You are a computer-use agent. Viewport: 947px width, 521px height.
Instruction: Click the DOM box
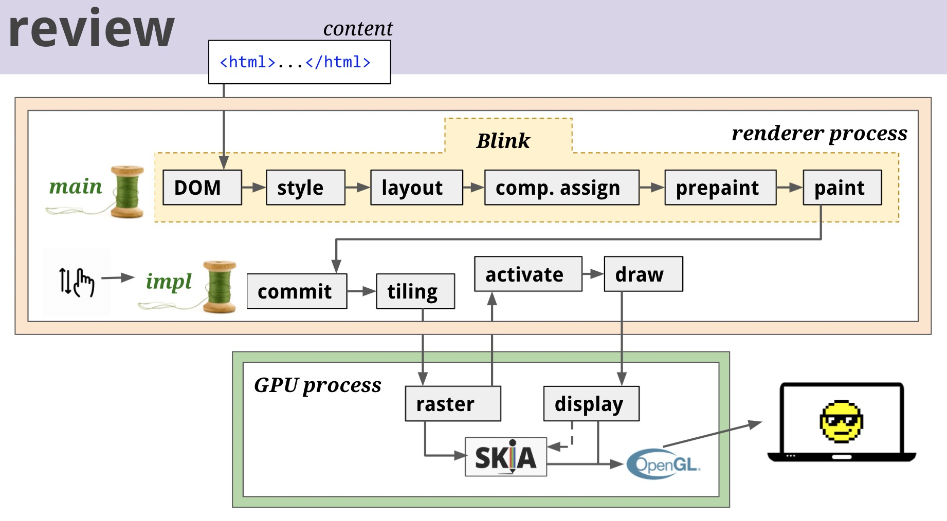tap(202, 188)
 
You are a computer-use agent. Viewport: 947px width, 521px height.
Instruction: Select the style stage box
tap(305, 188)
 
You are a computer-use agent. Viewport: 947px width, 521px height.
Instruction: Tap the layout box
tap(416, 188)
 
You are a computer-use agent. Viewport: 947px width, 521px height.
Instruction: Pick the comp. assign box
tap(561, 188)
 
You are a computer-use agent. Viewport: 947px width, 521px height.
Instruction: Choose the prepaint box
tap(720, 188)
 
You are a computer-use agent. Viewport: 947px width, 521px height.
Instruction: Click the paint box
tap(842, 188)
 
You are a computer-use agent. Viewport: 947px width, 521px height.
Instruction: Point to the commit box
tap(297, 291)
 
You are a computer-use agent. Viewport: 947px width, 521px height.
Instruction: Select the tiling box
tap(415, 291)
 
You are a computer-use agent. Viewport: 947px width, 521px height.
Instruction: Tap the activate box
tap(528, 274)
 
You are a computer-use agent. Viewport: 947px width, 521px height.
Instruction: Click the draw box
tap(643, 274)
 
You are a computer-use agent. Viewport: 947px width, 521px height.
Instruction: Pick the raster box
tap(452, 404)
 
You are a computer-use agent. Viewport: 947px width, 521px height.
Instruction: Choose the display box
tap(591, 404)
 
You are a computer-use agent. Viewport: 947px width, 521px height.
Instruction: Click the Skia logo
tap(505, 457)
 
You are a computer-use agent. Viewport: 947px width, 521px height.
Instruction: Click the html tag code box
tap(299, 62)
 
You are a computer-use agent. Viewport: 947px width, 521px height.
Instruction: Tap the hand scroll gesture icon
tap(77, 282)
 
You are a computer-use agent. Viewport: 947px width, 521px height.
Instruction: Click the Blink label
tap(503, 141)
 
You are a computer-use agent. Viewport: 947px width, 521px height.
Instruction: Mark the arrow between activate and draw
tap(593, 274)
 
